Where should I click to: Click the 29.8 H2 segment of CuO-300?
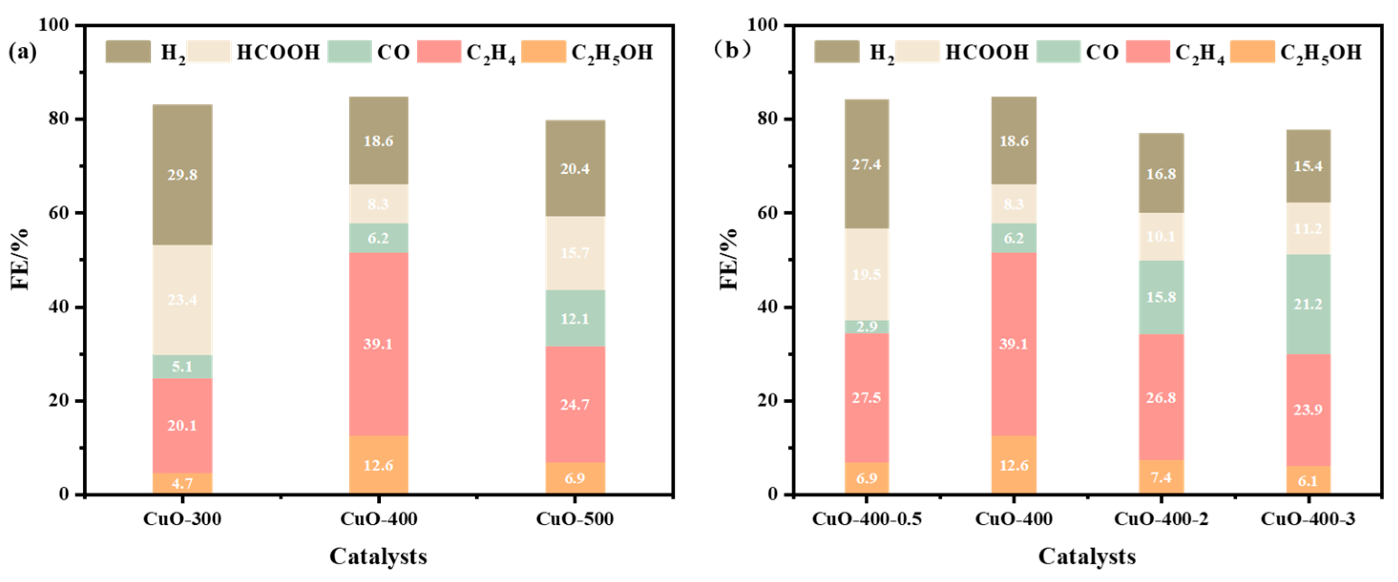(182, 175)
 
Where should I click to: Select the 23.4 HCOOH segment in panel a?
(182, 300)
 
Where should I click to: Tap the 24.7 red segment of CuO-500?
(575, 405)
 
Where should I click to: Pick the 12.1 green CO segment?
(575, 318)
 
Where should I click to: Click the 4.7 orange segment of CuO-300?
(182, 483)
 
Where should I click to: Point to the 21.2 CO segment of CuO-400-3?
(1308, 304)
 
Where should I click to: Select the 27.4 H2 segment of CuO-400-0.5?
(866, 164)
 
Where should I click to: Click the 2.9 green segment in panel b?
(866, 326)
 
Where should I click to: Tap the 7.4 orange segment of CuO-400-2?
(1161, 478)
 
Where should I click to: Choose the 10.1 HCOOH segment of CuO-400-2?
(1161, 237)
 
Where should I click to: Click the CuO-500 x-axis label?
(575, 519)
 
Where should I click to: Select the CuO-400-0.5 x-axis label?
(866, 519)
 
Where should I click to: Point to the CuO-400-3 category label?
(1308, 519)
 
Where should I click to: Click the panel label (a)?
(23, 52)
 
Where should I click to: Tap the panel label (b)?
(731, 51)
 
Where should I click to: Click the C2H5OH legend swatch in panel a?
(543, 52)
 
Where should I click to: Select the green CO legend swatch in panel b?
(1058, 52)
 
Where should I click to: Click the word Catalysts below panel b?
(1087, 557)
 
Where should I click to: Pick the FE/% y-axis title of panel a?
(20, 260)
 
